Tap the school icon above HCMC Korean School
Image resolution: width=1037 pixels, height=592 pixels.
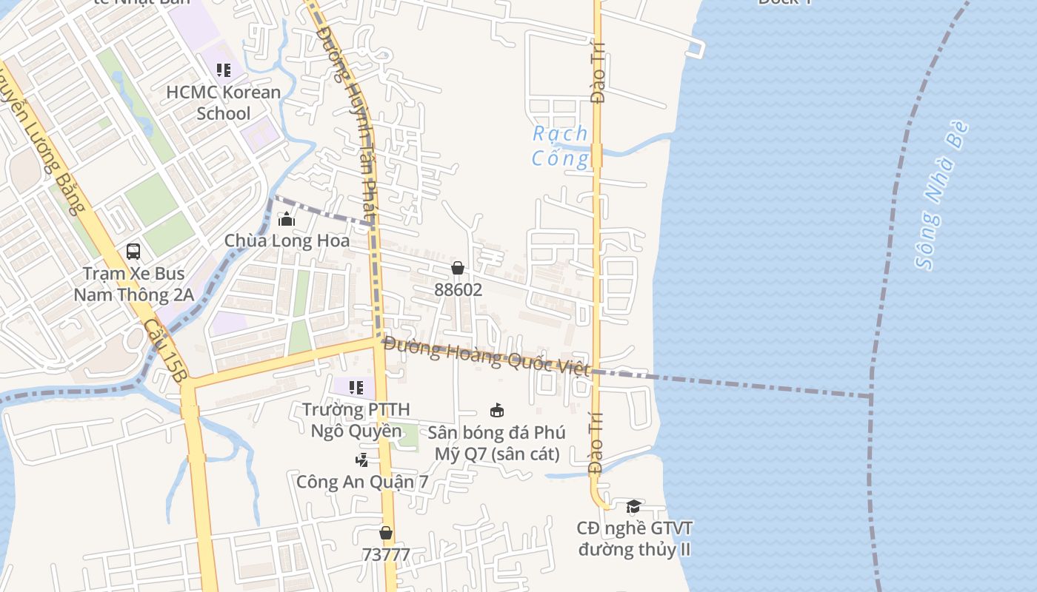coord(224,70)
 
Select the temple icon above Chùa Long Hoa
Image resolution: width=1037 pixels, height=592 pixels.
coord(287,219)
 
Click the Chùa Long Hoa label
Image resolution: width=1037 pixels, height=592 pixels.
coord(287,241)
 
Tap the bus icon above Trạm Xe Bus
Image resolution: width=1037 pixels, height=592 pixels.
coord(133,252)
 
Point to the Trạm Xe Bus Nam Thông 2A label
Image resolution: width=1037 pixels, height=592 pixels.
coord(133,284)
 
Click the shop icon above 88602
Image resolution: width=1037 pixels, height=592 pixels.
coord(458,268)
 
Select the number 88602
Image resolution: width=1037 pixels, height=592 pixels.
coord(458,290)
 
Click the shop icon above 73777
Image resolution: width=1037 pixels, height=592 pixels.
coord(386,533)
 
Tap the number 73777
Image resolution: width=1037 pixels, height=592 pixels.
coord(386,554)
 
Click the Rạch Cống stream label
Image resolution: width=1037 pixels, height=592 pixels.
coord(561,146)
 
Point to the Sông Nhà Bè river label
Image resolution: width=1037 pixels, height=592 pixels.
coord(941,196)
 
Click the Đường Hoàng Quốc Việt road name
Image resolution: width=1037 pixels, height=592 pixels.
coord(486,356)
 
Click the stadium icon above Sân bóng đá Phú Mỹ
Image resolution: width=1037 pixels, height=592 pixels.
coord(497,410)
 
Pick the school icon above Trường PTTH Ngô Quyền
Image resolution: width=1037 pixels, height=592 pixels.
coord(356,388)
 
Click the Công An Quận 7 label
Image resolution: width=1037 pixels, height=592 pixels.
coord(362,482)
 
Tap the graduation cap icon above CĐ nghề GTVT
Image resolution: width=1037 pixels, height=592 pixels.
coord(633,506)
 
